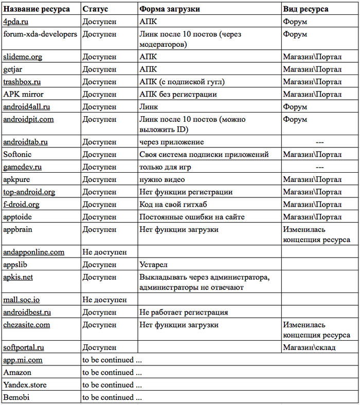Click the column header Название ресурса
(37, 9)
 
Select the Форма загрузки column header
(170, 9)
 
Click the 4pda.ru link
(16, 22)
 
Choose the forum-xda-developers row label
(40, 34)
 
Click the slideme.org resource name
(23, 57)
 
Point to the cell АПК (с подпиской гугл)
(182, 82)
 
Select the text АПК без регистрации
(178, 95)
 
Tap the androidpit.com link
(28, 120)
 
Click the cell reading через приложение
(172, 142)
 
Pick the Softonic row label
(17, 154)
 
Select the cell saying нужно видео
(162, 179)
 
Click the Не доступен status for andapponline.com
(104, 252)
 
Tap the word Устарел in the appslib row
(153, 265)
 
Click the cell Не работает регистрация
(184, 312)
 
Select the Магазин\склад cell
(309, 347)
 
